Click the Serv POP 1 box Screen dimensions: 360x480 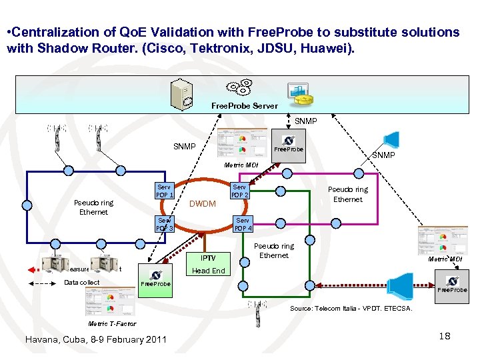point(165,191)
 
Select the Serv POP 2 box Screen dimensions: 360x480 point(239,191)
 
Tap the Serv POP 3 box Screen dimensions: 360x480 point(165,224)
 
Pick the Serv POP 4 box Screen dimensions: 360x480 point(243,224)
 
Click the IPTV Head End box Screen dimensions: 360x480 point(209,264)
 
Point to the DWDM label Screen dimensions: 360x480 point(203,204)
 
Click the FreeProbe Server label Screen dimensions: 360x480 point(245,106)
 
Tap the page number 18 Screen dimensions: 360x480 point(445,336)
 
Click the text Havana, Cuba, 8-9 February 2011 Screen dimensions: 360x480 point(95,339)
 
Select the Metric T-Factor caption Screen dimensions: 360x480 point(112,324)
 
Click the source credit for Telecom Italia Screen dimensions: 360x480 point(351,309)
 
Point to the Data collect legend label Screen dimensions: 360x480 point(81,283)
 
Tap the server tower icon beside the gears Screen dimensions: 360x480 point(182,95)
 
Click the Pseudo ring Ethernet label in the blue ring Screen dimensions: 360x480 point(93,207)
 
